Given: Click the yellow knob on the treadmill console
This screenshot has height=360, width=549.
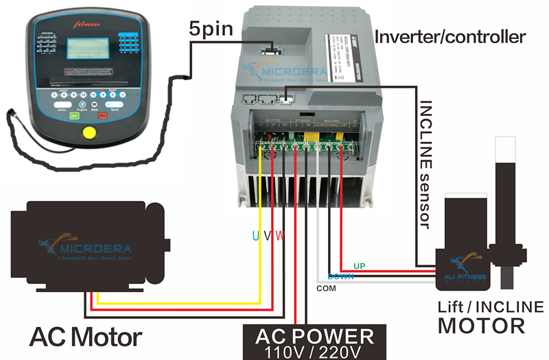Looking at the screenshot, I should pyautogui.click(x=88, y=133).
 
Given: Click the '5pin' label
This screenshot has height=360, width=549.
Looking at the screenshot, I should pyautogui.click(x=212, y=29).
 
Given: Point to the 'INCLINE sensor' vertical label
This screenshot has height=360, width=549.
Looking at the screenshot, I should pyautogui.click(x=425, y=165).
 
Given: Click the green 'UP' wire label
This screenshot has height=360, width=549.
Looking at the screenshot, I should pyautogui.click(x=359, y=265).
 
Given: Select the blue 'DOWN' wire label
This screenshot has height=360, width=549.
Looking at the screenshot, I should pyautogui.click(x=340, y=277).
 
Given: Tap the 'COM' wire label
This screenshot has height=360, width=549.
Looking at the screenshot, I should pyautogui.click(x=327, y=289).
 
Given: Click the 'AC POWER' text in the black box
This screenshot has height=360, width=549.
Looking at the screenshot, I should pyautogui.click(x=314, y=337).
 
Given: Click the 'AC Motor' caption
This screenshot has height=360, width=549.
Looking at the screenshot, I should pyautogui.click(x=85, y=337).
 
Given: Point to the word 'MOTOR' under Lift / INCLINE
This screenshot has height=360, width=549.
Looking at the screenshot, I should pyautogui.click(x=482, y=325).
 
